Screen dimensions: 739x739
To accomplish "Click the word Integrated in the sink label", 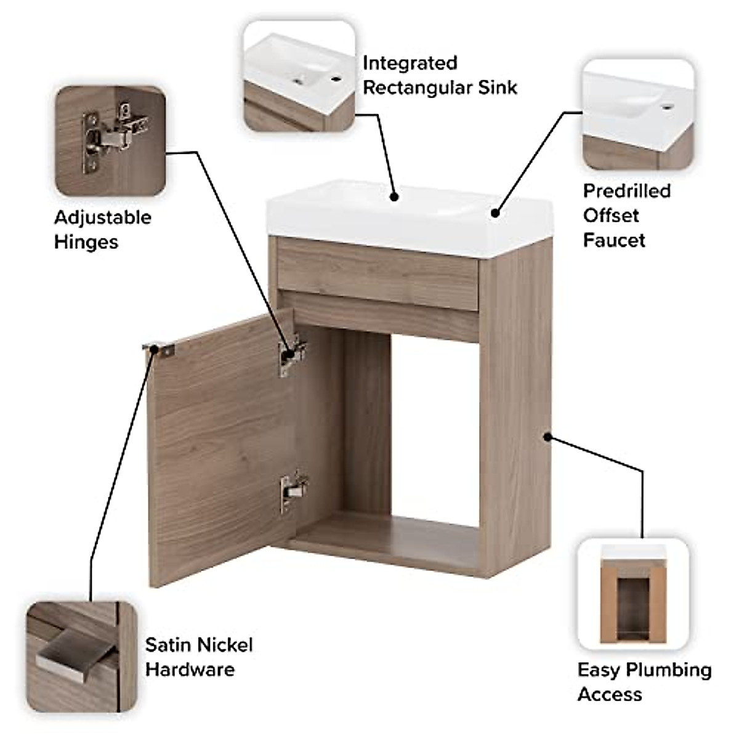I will (410, 63).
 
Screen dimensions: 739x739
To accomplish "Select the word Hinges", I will (86, 241).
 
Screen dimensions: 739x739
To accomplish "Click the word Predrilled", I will (626, 191).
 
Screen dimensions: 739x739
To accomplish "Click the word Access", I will (610, 694).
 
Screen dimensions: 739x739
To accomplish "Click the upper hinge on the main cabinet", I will (293, 355).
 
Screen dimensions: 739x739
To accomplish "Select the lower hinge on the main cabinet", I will (294, 491).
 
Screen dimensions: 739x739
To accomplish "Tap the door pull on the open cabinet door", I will (159, 349).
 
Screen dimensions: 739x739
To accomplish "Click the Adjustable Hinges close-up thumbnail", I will (110, 141).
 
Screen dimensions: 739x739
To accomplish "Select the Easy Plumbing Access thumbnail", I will (633, 595).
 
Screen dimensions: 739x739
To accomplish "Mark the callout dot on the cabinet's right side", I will (547, 437).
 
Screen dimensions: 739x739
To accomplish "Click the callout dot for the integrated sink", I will (394, 197).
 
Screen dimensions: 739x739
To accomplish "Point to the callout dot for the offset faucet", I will (495, 213).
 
